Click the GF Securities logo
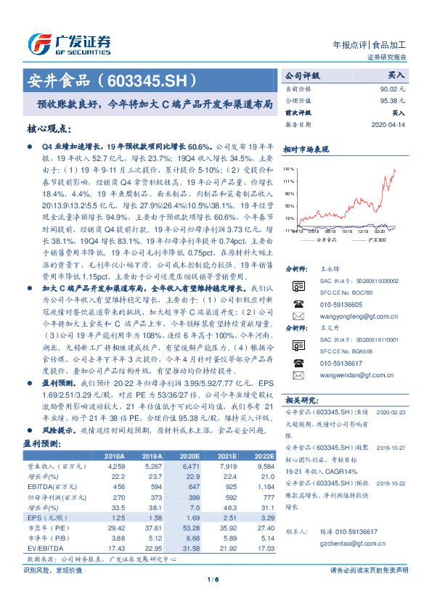point(69,42)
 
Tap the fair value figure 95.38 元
point(389,100)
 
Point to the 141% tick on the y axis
point(290,168)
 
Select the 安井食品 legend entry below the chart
point(326,238)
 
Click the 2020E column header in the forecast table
point(191,454)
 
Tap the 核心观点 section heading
point(49,128)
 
